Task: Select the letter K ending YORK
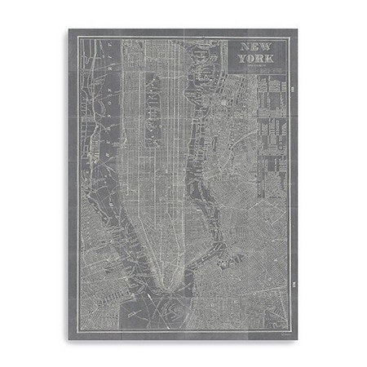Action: (271, 60)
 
